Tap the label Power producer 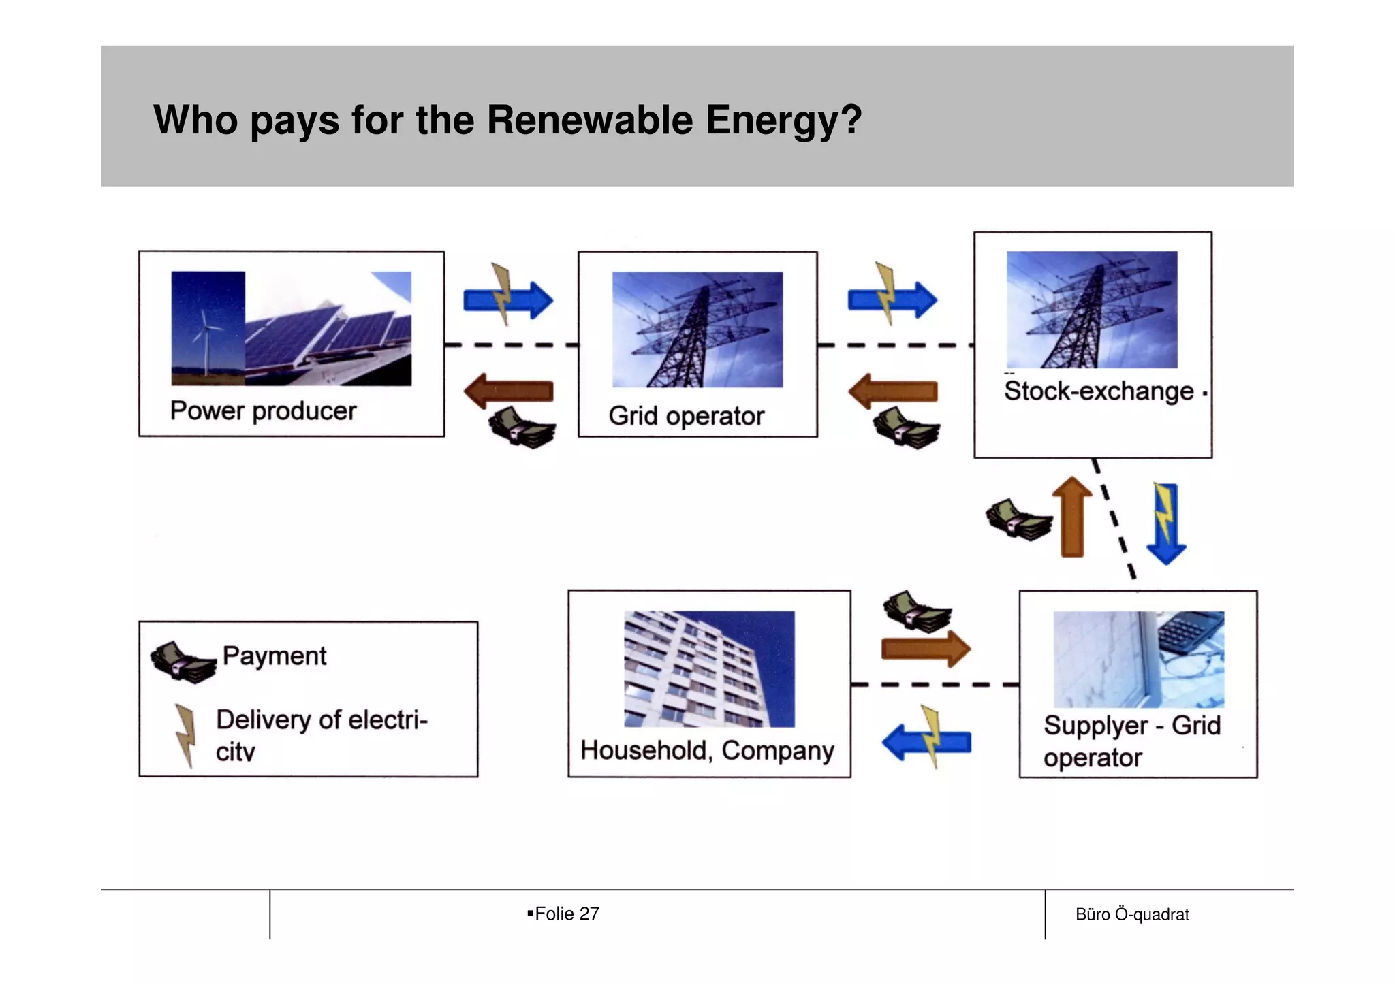point(263,411)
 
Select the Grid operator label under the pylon point(686,416)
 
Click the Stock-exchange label point(1099,391)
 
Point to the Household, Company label point(707,750)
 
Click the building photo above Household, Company point(709,668)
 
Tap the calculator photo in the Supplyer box point(1138,659)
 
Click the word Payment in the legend point(275,656)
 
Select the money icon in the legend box point(183,662)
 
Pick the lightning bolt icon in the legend point(185,735)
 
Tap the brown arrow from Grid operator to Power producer point(508,391)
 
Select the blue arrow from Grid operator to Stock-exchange point(892,300)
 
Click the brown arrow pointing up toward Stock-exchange point(1072,517)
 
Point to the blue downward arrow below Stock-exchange point(1166,523)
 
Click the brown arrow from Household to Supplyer point(926,649)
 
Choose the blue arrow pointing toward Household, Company point(926,742)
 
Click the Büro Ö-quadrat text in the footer point(1132,914)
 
